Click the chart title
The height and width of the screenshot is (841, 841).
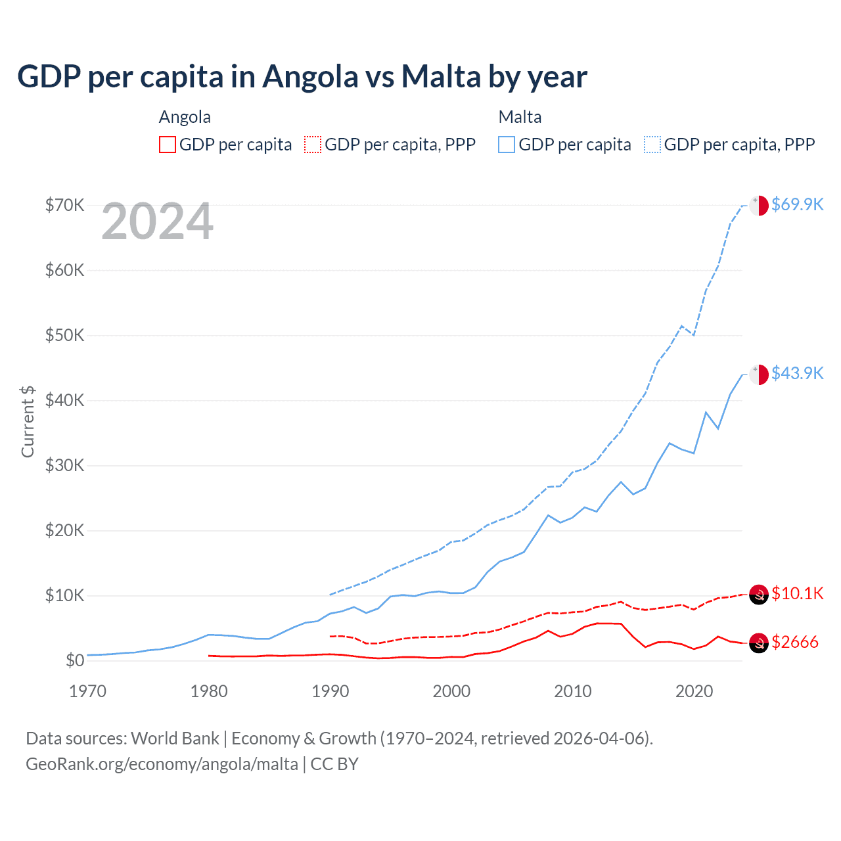tap(302, 77)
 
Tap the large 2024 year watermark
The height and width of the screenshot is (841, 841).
tap(158, 221)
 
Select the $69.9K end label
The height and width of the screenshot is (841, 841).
tap(797, 204)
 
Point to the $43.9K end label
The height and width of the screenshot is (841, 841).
tap(797, 373)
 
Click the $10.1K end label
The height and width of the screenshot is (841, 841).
tap(797, 593)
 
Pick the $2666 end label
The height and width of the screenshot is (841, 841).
tap(795, 642)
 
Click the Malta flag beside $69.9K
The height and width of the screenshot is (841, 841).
tap(759, 205)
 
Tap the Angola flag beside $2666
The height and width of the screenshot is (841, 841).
tap(759, 643)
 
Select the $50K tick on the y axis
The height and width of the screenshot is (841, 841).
tap(65, 335)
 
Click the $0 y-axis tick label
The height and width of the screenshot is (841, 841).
tap(75, 660)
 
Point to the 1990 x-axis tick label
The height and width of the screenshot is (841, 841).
tap(330, 691)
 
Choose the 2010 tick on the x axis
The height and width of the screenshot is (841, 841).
tap(573, 691)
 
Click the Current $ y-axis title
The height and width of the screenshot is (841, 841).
tap(28, 421)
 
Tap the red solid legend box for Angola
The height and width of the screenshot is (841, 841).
tap(168, 145)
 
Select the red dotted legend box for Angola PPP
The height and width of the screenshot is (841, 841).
tap(313, 145)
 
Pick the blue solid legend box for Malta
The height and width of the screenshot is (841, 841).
tap(507, 145)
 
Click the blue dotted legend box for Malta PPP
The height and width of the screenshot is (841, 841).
tap(652, 145)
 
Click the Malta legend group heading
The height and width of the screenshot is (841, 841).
tap(520, 117)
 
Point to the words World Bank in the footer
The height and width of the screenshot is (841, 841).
tap(175, 739)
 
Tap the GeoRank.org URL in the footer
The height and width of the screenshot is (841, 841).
tap(162, 764)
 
